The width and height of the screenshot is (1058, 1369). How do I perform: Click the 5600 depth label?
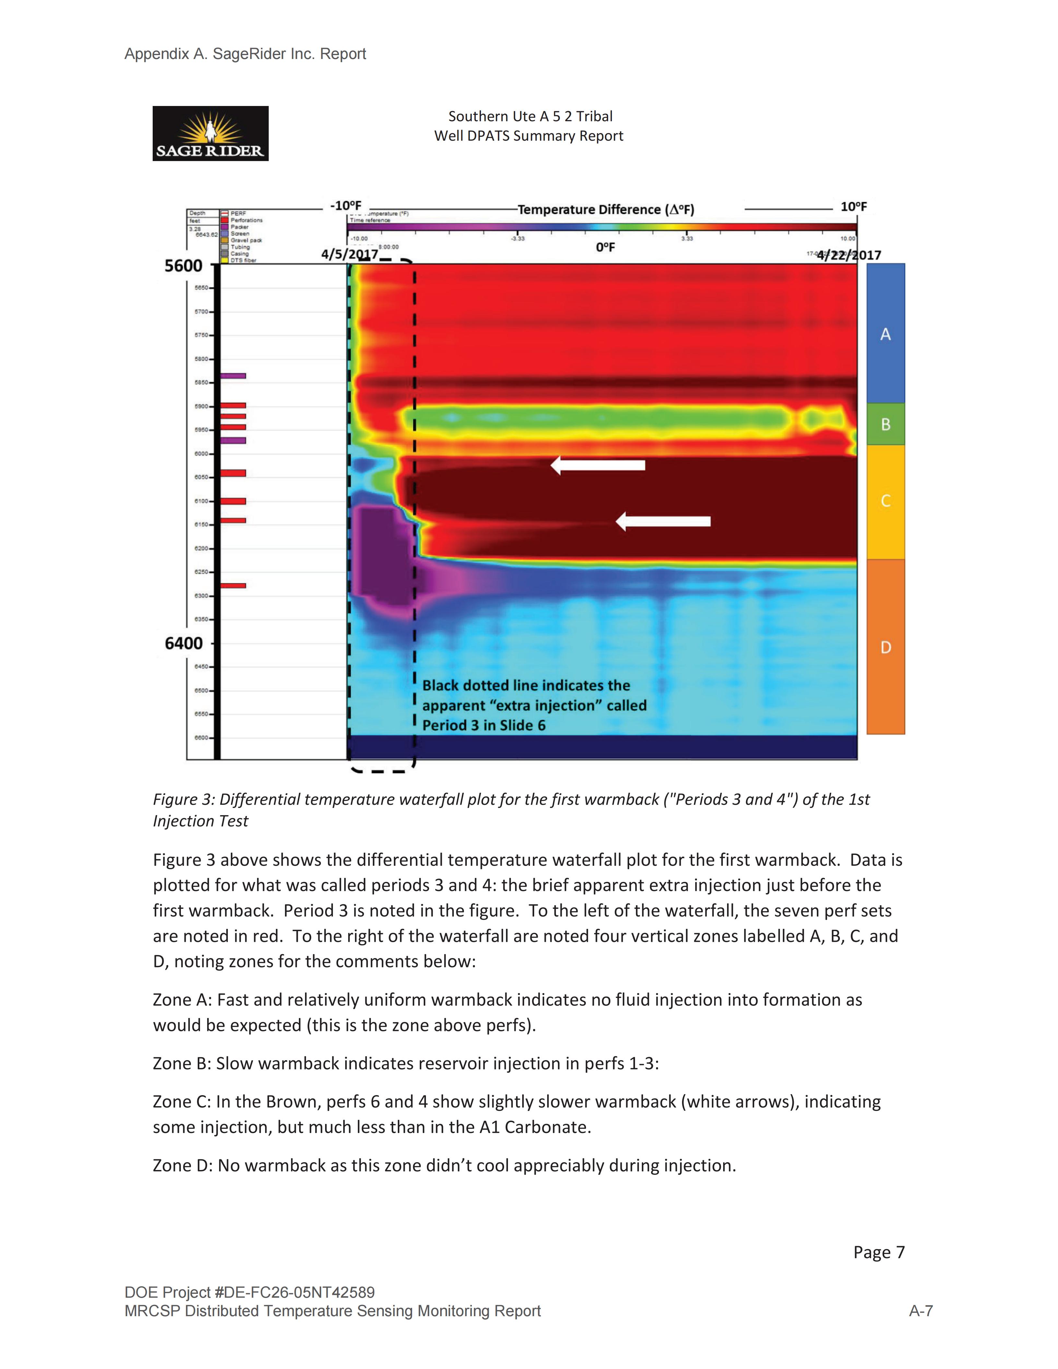[183, 266]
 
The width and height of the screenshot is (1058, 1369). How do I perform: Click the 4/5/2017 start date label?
[349, 254]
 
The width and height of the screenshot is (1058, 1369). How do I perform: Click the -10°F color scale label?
[346, 205]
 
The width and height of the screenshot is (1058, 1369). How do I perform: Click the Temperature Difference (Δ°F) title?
[605, 209]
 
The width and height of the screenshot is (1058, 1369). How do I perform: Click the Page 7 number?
[879, 1252]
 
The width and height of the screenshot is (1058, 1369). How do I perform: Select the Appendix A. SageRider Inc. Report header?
[245, 54]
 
